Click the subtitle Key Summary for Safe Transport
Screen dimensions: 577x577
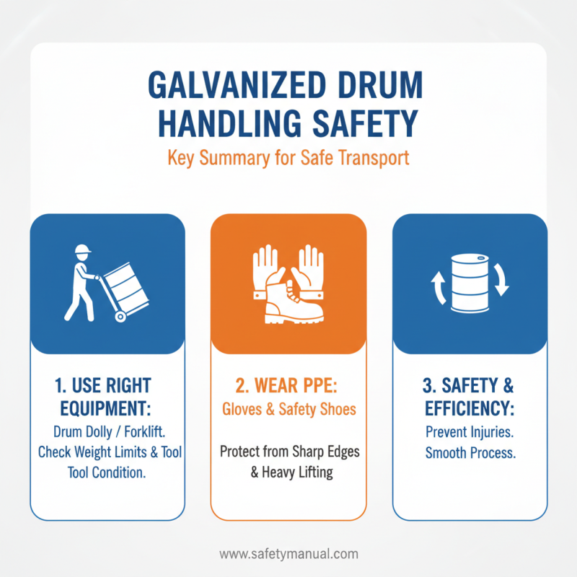tap(288, 158)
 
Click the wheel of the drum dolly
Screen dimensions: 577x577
tap(120, 315)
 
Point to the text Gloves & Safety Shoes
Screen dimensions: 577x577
tap(288, 410)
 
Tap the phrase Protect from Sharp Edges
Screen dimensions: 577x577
tap(288, 452)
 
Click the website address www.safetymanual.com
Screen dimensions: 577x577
tap(288, 555)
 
